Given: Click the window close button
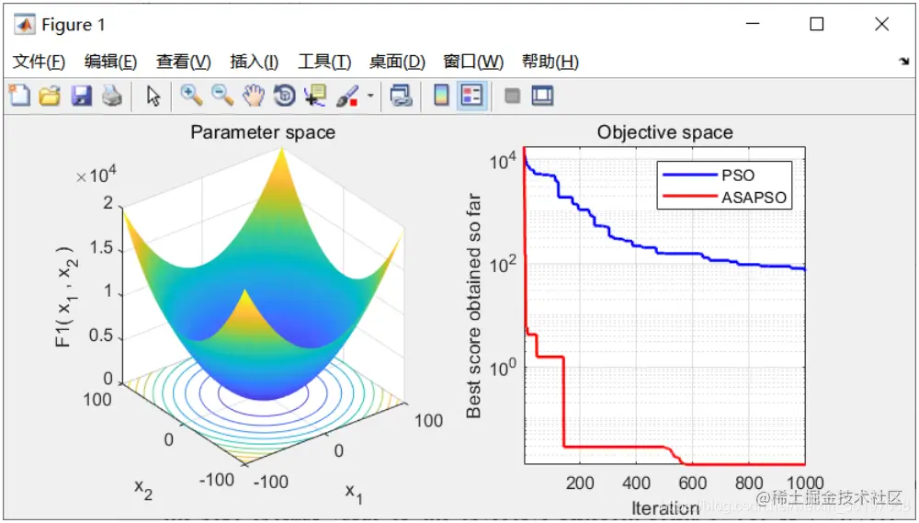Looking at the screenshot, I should coord(881,25).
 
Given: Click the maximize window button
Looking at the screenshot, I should coord(816,25).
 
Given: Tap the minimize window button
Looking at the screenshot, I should coord(752,25).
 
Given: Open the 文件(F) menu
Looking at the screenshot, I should coord(39,62).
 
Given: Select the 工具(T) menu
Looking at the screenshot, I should coord(324,62).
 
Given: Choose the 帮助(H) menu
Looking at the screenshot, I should coord(550,62).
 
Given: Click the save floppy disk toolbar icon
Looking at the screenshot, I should coord(81,95).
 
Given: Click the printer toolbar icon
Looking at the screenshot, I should coord(111,95).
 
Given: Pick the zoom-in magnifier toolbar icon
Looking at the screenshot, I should coord(191,95).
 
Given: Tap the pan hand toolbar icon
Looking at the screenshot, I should coord(253,95).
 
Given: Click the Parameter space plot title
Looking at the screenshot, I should coord(263,132).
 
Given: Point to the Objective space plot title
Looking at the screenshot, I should coord(664,132).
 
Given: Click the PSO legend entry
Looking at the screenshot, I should coord(738,174).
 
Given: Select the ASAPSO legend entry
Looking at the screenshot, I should coord(754,197).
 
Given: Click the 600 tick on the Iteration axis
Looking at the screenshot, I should coord(693,483).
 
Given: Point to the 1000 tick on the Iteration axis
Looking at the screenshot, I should coord(805,483).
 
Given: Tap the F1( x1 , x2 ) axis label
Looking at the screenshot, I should coord(63,296).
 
